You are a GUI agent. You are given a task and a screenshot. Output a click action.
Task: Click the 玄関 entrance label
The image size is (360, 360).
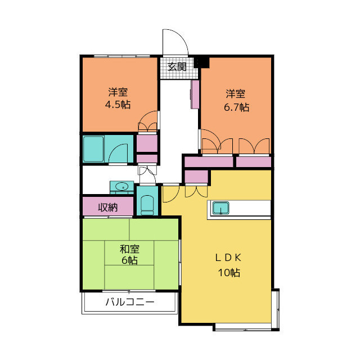177,67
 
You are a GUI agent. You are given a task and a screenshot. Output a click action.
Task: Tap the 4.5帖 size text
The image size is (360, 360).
118,105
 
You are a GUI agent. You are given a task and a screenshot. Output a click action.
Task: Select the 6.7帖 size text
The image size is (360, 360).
236,107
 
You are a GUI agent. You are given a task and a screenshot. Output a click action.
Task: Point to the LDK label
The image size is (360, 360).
228,258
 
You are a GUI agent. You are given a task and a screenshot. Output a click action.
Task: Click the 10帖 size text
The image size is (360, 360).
229,272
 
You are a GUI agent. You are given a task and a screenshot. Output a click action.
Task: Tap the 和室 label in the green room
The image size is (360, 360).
129,249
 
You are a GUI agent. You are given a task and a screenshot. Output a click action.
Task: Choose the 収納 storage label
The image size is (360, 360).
107,208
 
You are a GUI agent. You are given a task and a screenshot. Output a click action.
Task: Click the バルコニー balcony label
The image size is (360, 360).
130,301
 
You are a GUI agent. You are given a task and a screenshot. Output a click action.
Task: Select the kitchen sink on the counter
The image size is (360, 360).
220,208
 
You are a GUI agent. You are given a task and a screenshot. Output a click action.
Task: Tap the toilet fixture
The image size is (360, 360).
147,205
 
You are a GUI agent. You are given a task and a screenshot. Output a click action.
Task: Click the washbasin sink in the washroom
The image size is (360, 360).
121,186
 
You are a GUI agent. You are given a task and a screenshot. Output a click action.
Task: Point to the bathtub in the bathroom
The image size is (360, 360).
93,149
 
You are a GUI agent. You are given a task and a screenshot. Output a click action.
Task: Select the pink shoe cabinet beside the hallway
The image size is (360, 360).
195,94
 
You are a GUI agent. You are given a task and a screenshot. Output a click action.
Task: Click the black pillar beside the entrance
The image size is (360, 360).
201,62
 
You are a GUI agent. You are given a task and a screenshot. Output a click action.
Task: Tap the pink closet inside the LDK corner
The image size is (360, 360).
196,176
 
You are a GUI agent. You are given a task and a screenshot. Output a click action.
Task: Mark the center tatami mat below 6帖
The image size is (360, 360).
129,277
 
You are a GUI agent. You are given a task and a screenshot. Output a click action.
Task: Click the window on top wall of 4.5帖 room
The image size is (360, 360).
122,56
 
